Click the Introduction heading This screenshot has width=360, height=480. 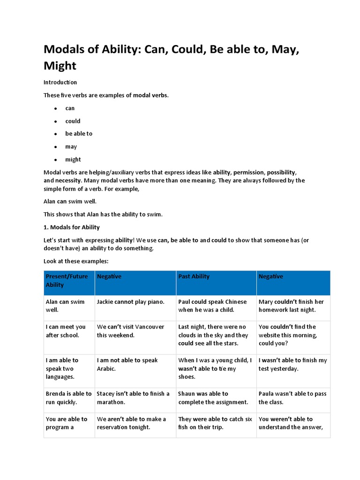tap(60, 82)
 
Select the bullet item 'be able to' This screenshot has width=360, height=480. tap(79, 134)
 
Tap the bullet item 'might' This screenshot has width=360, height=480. tap(73, 159)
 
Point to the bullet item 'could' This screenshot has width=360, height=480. tap(73, 121)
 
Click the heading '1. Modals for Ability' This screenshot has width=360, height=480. tap(71, 227)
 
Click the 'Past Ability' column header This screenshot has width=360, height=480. tap(194, 277)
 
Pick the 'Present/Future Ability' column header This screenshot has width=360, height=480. tap(67, 280)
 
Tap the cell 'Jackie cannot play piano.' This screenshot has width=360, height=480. tap(130, 302)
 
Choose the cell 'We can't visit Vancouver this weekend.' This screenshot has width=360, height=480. tap(130, 331)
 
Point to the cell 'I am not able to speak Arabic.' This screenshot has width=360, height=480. tap(127, 364)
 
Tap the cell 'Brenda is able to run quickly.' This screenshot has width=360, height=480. tap(68, 397)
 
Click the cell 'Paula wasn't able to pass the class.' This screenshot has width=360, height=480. tap(292, 397)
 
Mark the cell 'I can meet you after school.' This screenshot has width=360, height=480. tap(66, 331)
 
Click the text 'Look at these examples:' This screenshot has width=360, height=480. tap(75, 261)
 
